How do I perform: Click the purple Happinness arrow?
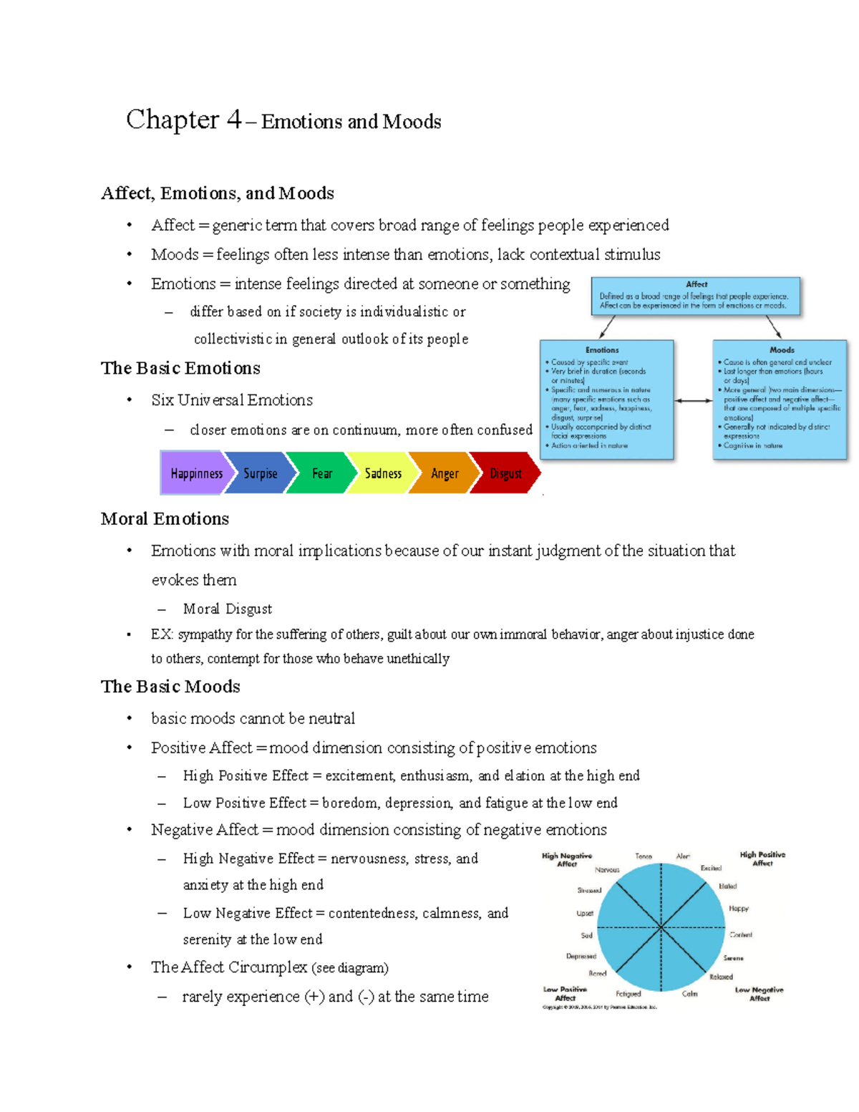195,473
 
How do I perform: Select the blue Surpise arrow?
260,473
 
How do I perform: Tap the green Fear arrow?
321,473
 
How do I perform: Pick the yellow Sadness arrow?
382,473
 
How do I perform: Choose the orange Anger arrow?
444,473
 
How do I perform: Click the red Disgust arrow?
505,473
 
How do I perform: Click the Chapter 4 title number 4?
233,120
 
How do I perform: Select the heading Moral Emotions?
165,518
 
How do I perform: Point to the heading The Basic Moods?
170,686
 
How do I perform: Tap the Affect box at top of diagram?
696,296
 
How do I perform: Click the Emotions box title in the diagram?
602,350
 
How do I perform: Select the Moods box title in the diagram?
782,350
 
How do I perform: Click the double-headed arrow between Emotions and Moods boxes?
693,400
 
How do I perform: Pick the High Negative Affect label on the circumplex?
567,859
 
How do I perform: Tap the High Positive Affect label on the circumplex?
762,859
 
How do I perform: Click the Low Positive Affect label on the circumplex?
565,993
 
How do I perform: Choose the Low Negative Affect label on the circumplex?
759,993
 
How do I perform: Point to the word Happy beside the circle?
739,908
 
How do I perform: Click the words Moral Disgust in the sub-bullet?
228,609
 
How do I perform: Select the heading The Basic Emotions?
180,368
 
